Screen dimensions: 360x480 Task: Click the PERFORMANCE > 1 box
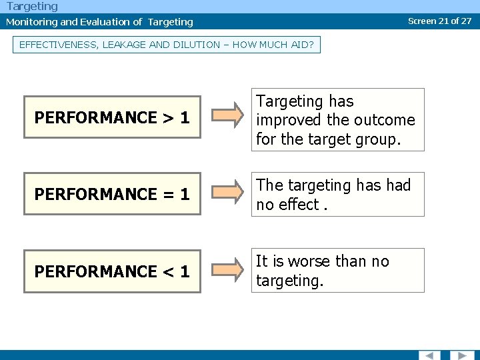coord(112,117)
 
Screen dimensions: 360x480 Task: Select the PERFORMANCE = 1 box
coord(112,194)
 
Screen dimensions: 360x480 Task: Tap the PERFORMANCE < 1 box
coord(112,271)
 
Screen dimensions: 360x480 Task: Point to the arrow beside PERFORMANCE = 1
coord(229,193)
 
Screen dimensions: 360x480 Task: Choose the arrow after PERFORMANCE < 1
coord(229,270)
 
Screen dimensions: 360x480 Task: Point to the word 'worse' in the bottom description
coord(312,261)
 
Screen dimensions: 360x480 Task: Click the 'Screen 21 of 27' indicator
coord(439,21)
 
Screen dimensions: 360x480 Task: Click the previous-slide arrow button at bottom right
coord(430,355)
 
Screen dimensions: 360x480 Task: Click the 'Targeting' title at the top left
coord(32,6)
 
